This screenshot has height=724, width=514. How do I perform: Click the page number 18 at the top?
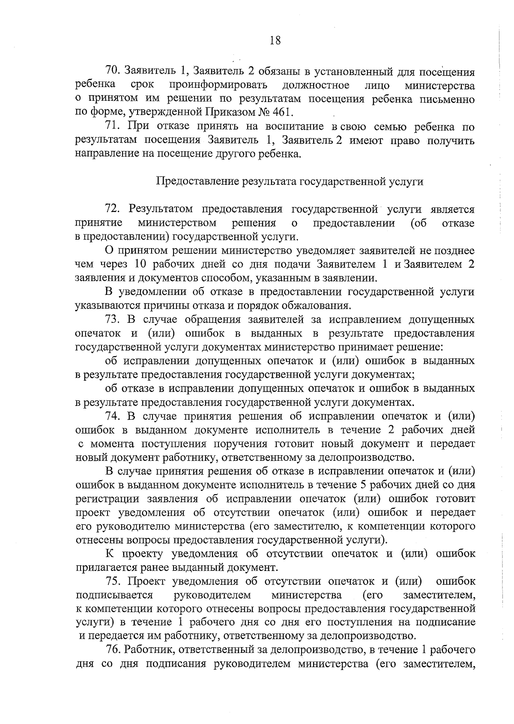coord(275,41)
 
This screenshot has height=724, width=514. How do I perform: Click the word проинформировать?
coord(218,85)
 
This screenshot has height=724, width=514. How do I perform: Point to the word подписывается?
coord(114,595)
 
